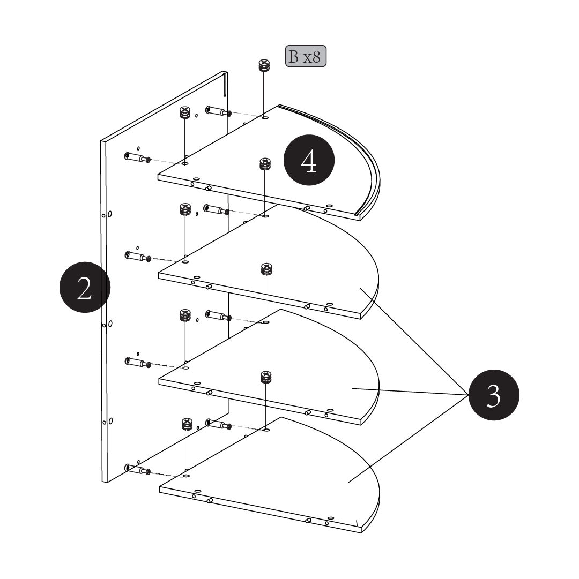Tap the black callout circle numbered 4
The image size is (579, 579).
coord(309,161)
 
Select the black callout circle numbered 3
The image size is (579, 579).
coord(494,396)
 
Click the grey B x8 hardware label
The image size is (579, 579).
coord(306,56)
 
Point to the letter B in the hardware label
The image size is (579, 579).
coord(294,57)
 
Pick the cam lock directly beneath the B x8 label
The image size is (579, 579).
coord(264,66)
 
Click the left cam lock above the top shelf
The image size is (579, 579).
coord(184,113)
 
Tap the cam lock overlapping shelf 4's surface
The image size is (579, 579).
coord(265,163)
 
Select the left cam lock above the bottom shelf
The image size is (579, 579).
coord(186,424)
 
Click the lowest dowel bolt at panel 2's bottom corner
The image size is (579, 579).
coord(137,470)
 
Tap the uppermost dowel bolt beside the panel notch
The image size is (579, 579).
coord(218,111)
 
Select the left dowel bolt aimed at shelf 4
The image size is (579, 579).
coord(137,158)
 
